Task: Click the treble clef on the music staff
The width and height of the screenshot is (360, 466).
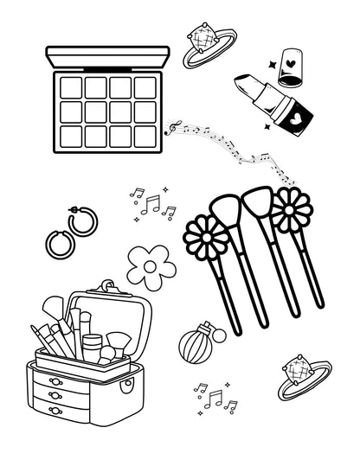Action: (173, 126)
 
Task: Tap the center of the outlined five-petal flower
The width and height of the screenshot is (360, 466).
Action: (151, 266)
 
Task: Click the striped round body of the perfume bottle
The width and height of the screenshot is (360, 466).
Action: (193, 348)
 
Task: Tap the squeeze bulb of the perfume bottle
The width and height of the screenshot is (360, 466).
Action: (218, 333)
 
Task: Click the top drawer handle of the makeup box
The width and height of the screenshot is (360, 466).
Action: (56, 381)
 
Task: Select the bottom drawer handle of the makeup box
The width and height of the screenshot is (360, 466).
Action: (56, 409)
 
